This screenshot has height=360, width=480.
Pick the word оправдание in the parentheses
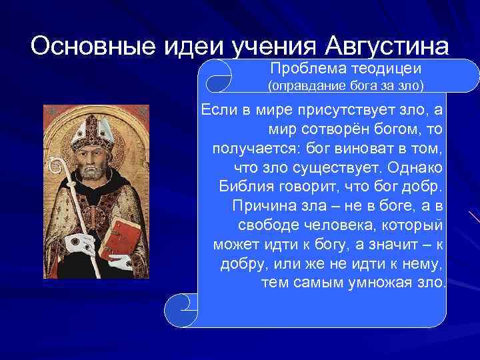coord(303,86)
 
